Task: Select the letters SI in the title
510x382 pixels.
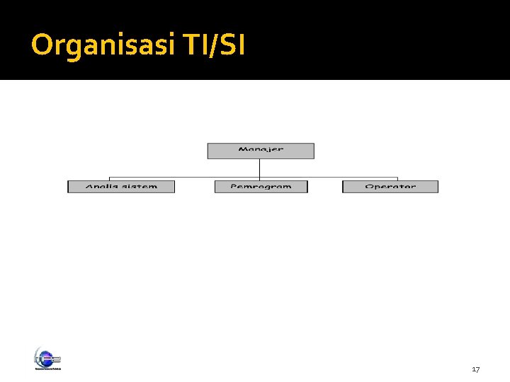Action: pyautogui.click(x=231, y=46)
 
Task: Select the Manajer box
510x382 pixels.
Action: pyautogui.click(x=260, y=151)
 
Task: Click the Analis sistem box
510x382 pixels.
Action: pyautogui.click(x=120, y=187)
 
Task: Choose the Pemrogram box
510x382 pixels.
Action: pyautogui.click(x=261, y=187)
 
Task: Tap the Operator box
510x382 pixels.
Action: pyautogui.click(x=390, y=187)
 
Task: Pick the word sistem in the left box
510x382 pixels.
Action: pyautogui.click(x=138, y=187)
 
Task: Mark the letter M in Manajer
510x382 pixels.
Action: pyautogui.click(x=243, y=150)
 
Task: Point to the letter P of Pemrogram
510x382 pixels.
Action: pyautogui.click(x=234, y=187)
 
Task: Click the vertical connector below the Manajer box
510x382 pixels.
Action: pyautogui.click(x=260, y=168)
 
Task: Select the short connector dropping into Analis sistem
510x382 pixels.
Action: pyautogui.click(x=110, y=178)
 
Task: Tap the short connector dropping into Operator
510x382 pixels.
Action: pyautogui.click(x=397, y=178)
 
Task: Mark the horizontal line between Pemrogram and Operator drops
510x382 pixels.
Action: pyautogui.click(x=329, y=176)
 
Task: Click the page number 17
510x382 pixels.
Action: pyautogui.click(x=476, y=370)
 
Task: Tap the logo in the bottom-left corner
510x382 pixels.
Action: pyautogui.click(x=47, y=359)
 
